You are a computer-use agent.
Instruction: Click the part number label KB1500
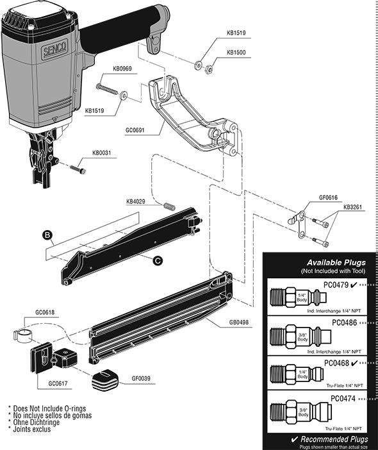pos(236,53)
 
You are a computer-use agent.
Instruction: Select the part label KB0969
pos(123,68)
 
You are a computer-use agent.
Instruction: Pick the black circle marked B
pos(47,235)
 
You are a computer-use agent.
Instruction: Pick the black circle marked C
pos(157,259)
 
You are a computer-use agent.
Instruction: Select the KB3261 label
pos(354,208)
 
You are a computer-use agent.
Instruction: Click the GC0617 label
pos(60,384)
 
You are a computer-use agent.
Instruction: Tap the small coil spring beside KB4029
pos(169,207)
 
